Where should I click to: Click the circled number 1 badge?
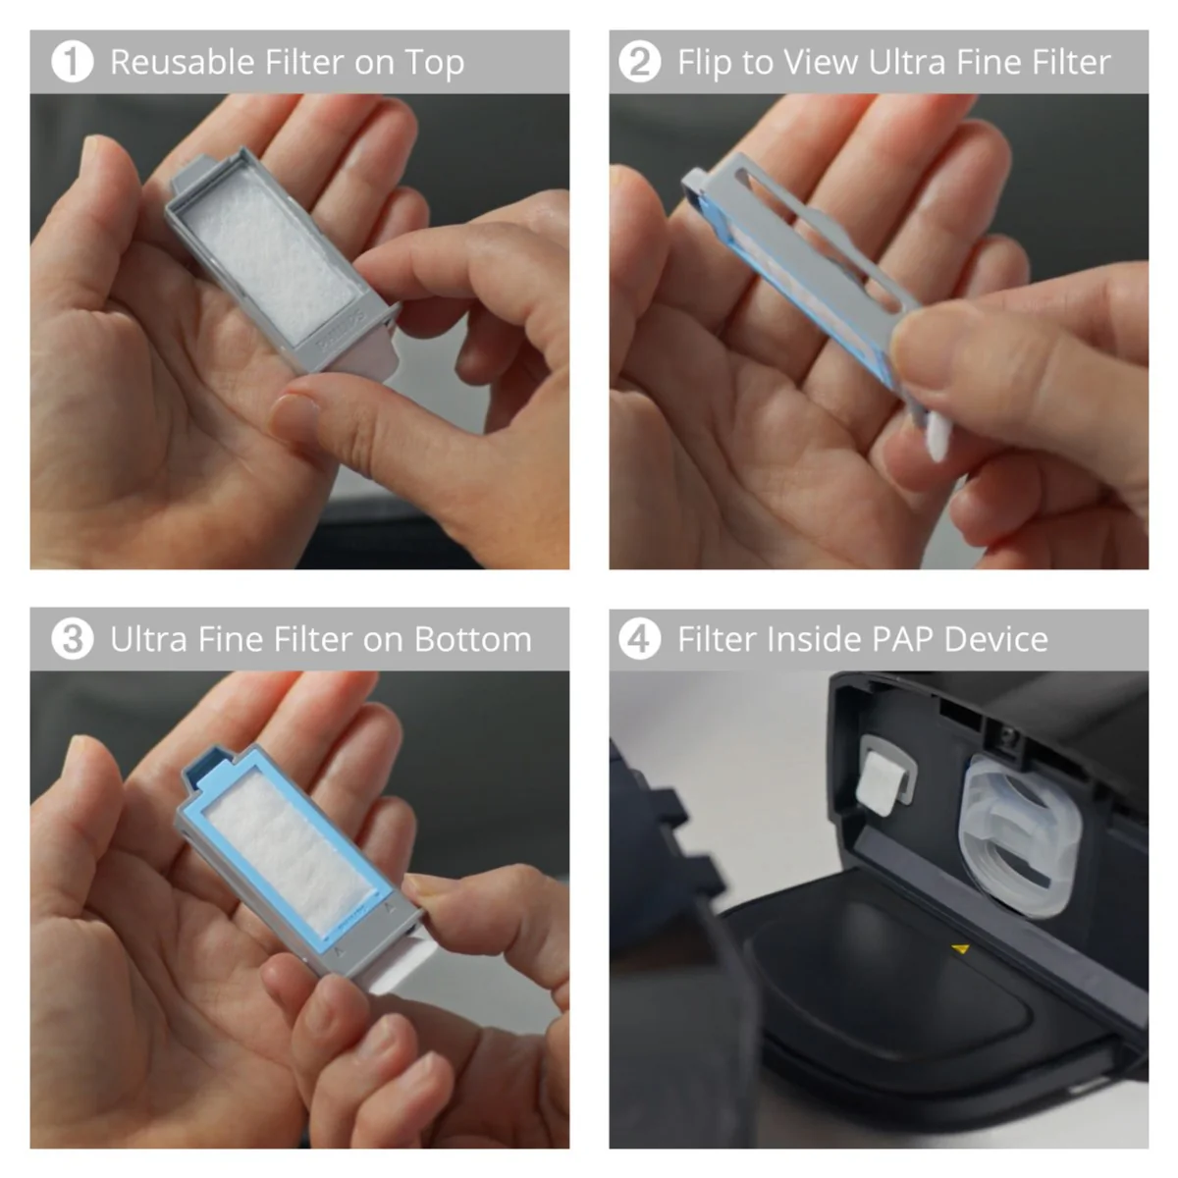[72, 62]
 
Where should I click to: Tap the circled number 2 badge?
[639, 62]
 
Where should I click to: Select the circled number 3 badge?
[72, 639]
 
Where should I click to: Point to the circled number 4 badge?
[639, 639]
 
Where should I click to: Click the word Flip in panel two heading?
[704, 62]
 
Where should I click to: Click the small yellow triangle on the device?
[961, 948]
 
